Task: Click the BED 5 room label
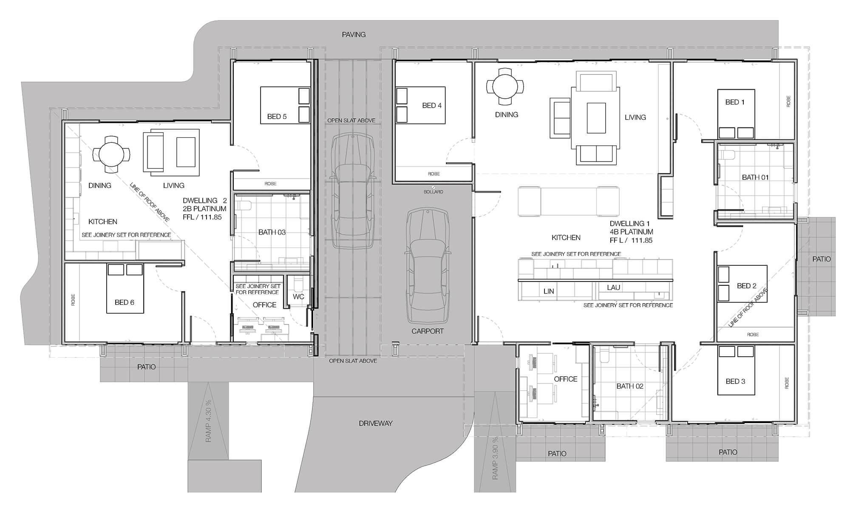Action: pos(277,116)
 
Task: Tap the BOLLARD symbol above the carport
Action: pos(433,187)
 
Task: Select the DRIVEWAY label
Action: pos(376,423)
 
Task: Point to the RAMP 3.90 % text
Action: pos(495,458)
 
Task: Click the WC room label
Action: pos(298,297)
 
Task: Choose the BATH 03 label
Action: pos(272,232)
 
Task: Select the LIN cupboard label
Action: pos(549,291)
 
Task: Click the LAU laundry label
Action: pos(614,287)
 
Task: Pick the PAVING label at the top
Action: pos(354,34)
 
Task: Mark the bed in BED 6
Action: pos(125,293)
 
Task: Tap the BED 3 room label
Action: pos(735,381)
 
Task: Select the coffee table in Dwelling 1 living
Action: pos(596,118)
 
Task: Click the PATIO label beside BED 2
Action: pos(821,259)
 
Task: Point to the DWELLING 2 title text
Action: pos(205,201)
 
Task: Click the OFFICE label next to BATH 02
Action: pos(565,379)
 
